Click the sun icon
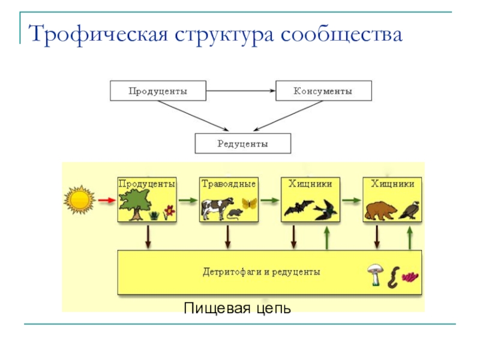[x=80, y=200]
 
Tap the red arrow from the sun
[x=106, y=200]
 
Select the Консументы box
[x=323, y=91]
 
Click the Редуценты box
[x=242, y=144]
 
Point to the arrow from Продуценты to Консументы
[x=241, y=91]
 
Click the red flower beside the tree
[x=169, y=211]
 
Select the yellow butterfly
[x=248, y=203]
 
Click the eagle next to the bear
[x=412, y=208]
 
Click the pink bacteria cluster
[x=411, y=277]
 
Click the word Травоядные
[x=229, y=184]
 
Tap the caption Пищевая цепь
[x=238, y=308]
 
